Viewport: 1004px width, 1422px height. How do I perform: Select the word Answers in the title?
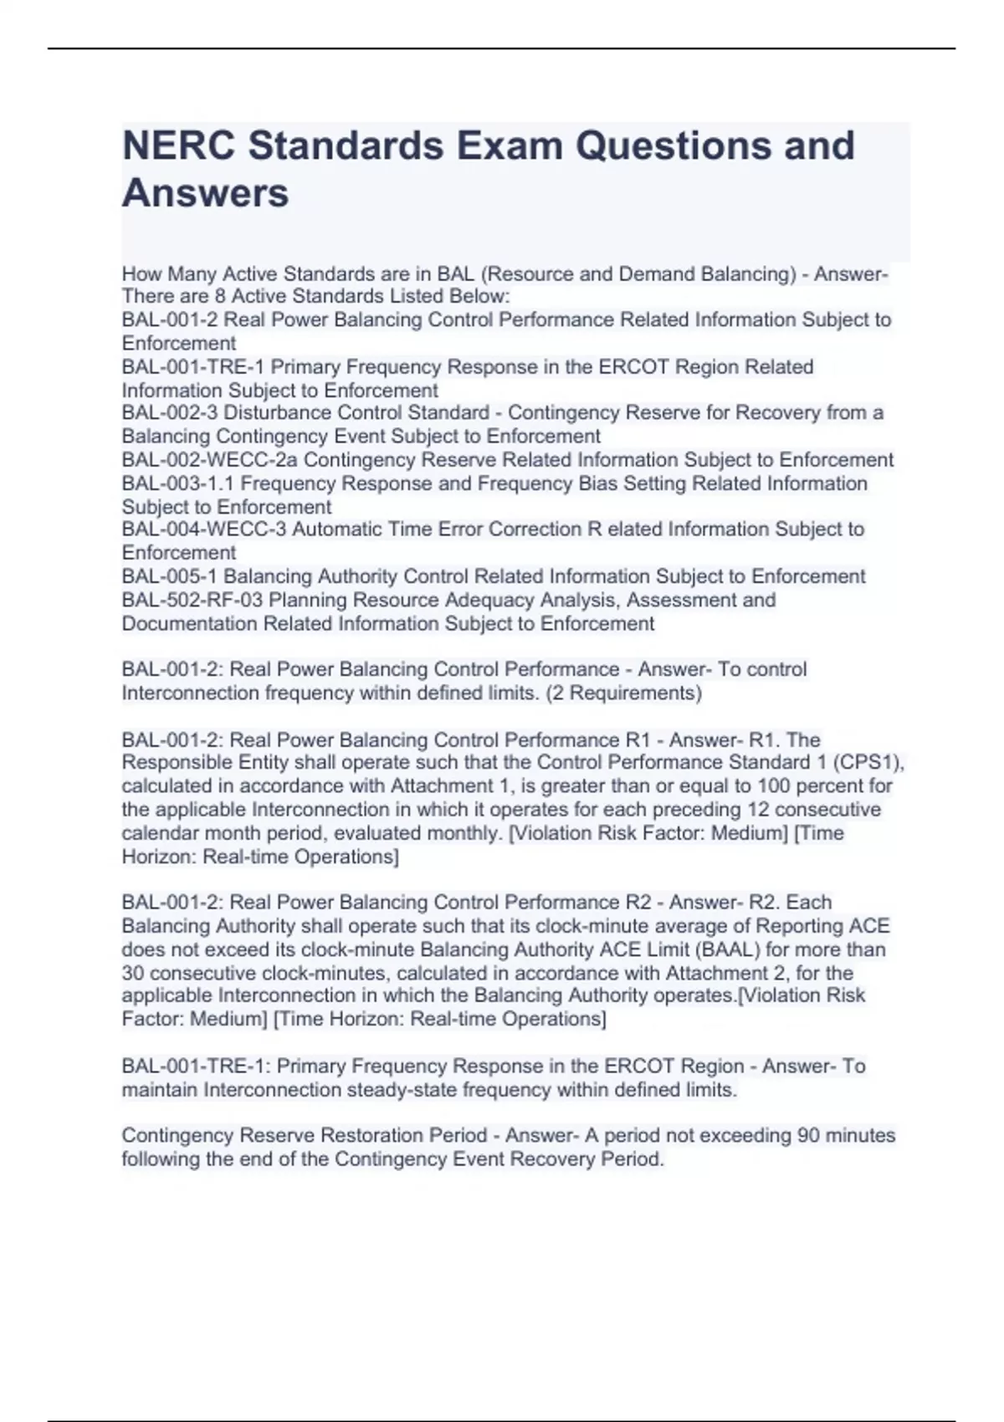pyautogui.click(x=205, y=193)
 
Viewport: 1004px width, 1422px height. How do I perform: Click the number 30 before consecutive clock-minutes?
pyautogui.click(x=133, y=973)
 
